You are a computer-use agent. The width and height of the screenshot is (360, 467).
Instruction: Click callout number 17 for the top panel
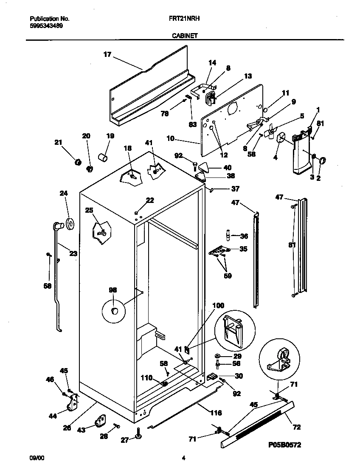[x=107, y=54]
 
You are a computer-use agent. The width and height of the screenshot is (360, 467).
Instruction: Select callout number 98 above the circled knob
[x=112, y=290]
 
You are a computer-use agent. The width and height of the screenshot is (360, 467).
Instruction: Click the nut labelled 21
[x=78, y=162]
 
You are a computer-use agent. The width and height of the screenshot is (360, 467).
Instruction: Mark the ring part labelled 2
[x=322, y=160]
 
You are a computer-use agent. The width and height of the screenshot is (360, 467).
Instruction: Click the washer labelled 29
[x=217, y=355]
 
